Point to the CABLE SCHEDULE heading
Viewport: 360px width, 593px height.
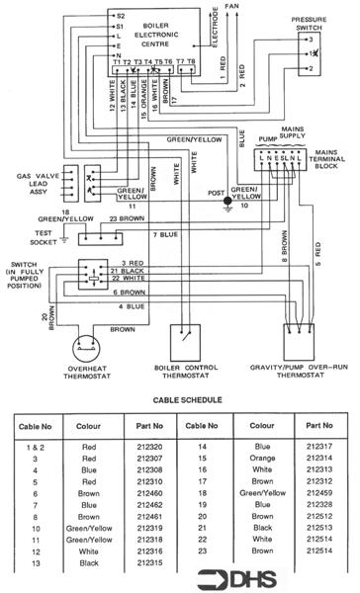(x=179, y=402)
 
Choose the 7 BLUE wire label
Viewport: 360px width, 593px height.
(x=165, y=234)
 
